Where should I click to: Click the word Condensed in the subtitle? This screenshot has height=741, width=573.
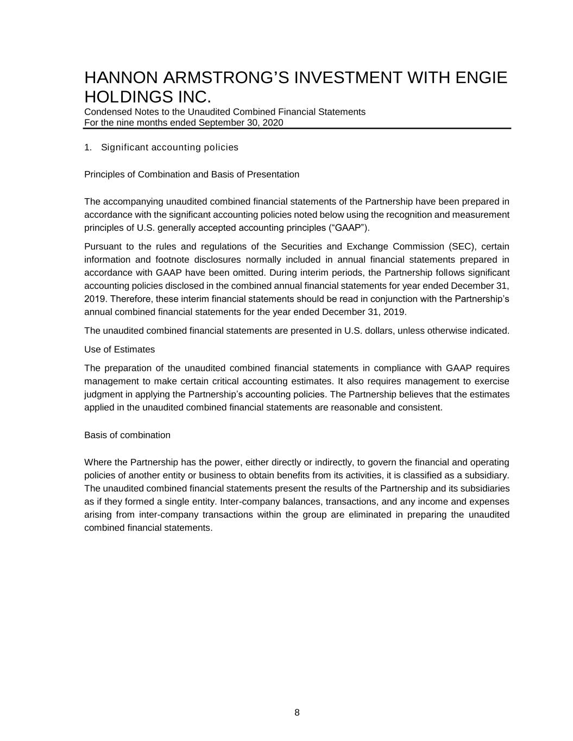pyautogui.click(x=107, y=112)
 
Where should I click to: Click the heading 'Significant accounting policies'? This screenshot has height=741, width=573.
pyautogui.click(x=169, y=148)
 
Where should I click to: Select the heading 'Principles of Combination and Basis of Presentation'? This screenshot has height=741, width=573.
pyautogui.click(x=192, y=174)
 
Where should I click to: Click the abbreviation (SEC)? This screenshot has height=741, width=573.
pyautogui.click(x=462, y=246)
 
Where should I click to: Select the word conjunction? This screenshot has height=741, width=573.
pyautogui.click(x=394, y=299)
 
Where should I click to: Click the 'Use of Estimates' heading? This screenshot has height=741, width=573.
pyautogui.click(x=119, y=349)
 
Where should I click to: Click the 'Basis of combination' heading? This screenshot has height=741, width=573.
pyautogui.click(x=127, y=435)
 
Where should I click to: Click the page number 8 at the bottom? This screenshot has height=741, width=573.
pyautogui.click(x=297, y=713)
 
